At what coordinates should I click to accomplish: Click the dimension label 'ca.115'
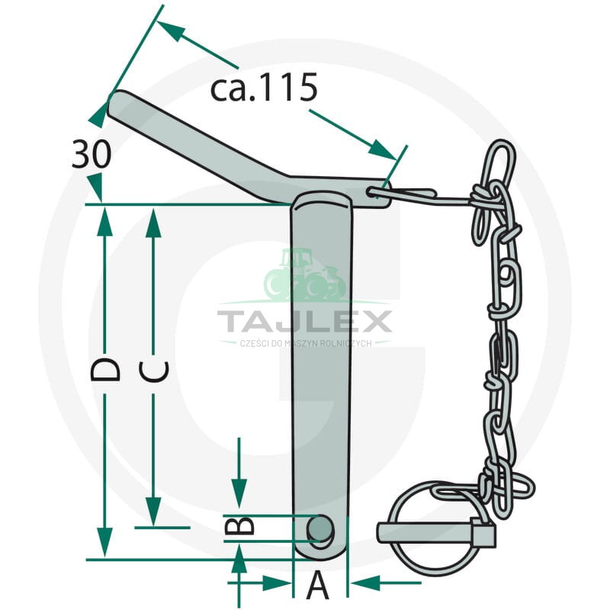264,88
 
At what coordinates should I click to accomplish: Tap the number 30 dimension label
91,155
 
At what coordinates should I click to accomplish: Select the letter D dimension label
105,370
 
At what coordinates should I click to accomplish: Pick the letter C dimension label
154,371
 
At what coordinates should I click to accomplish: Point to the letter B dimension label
239,525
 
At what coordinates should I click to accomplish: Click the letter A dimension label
318,585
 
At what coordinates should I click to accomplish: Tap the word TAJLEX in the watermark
304,322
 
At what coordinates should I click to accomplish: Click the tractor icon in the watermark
304,275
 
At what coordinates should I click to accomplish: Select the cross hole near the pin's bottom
320,528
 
